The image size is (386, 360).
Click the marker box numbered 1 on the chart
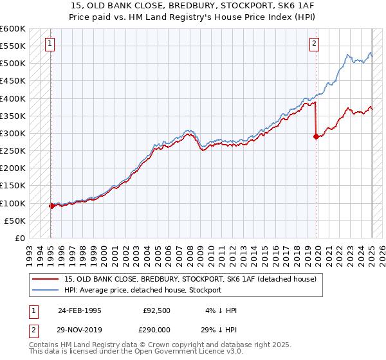[x=50, y=44]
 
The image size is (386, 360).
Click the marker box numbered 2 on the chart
[x=314, y=44]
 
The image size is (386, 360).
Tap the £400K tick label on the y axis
[x=13, y=98]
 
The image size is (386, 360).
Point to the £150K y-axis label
[x=13, y=186]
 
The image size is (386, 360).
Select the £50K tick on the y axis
[x=15, y=221]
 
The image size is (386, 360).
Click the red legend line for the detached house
[x=46, y=280]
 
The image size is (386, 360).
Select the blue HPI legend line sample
[x=46, y=290]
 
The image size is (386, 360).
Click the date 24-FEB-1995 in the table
[x=80, y=310]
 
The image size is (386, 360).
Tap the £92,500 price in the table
[x=157, y=310]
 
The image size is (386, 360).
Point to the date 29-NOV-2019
[x=80, y=328]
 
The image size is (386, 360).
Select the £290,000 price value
[x=157, y=328]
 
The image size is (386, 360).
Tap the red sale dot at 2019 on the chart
[x=316, y=136]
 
